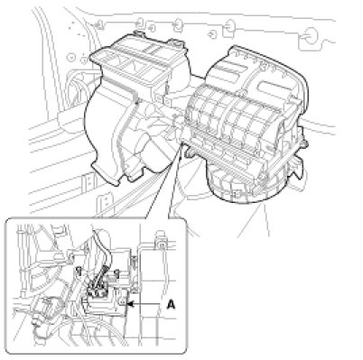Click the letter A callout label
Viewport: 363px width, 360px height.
(x=171, y=305)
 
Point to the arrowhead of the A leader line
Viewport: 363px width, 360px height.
(x=130, y=304)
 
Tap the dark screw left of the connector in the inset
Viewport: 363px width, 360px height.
(x=79, y=271)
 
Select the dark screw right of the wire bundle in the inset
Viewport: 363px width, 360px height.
(x=116, y=273)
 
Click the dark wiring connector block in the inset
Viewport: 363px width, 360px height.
(x=98, y=289)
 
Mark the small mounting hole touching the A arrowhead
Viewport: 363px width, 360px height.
(x=123, y=302)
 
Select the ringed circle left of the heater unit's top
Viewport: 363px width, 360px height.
(x=71, y=57)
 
